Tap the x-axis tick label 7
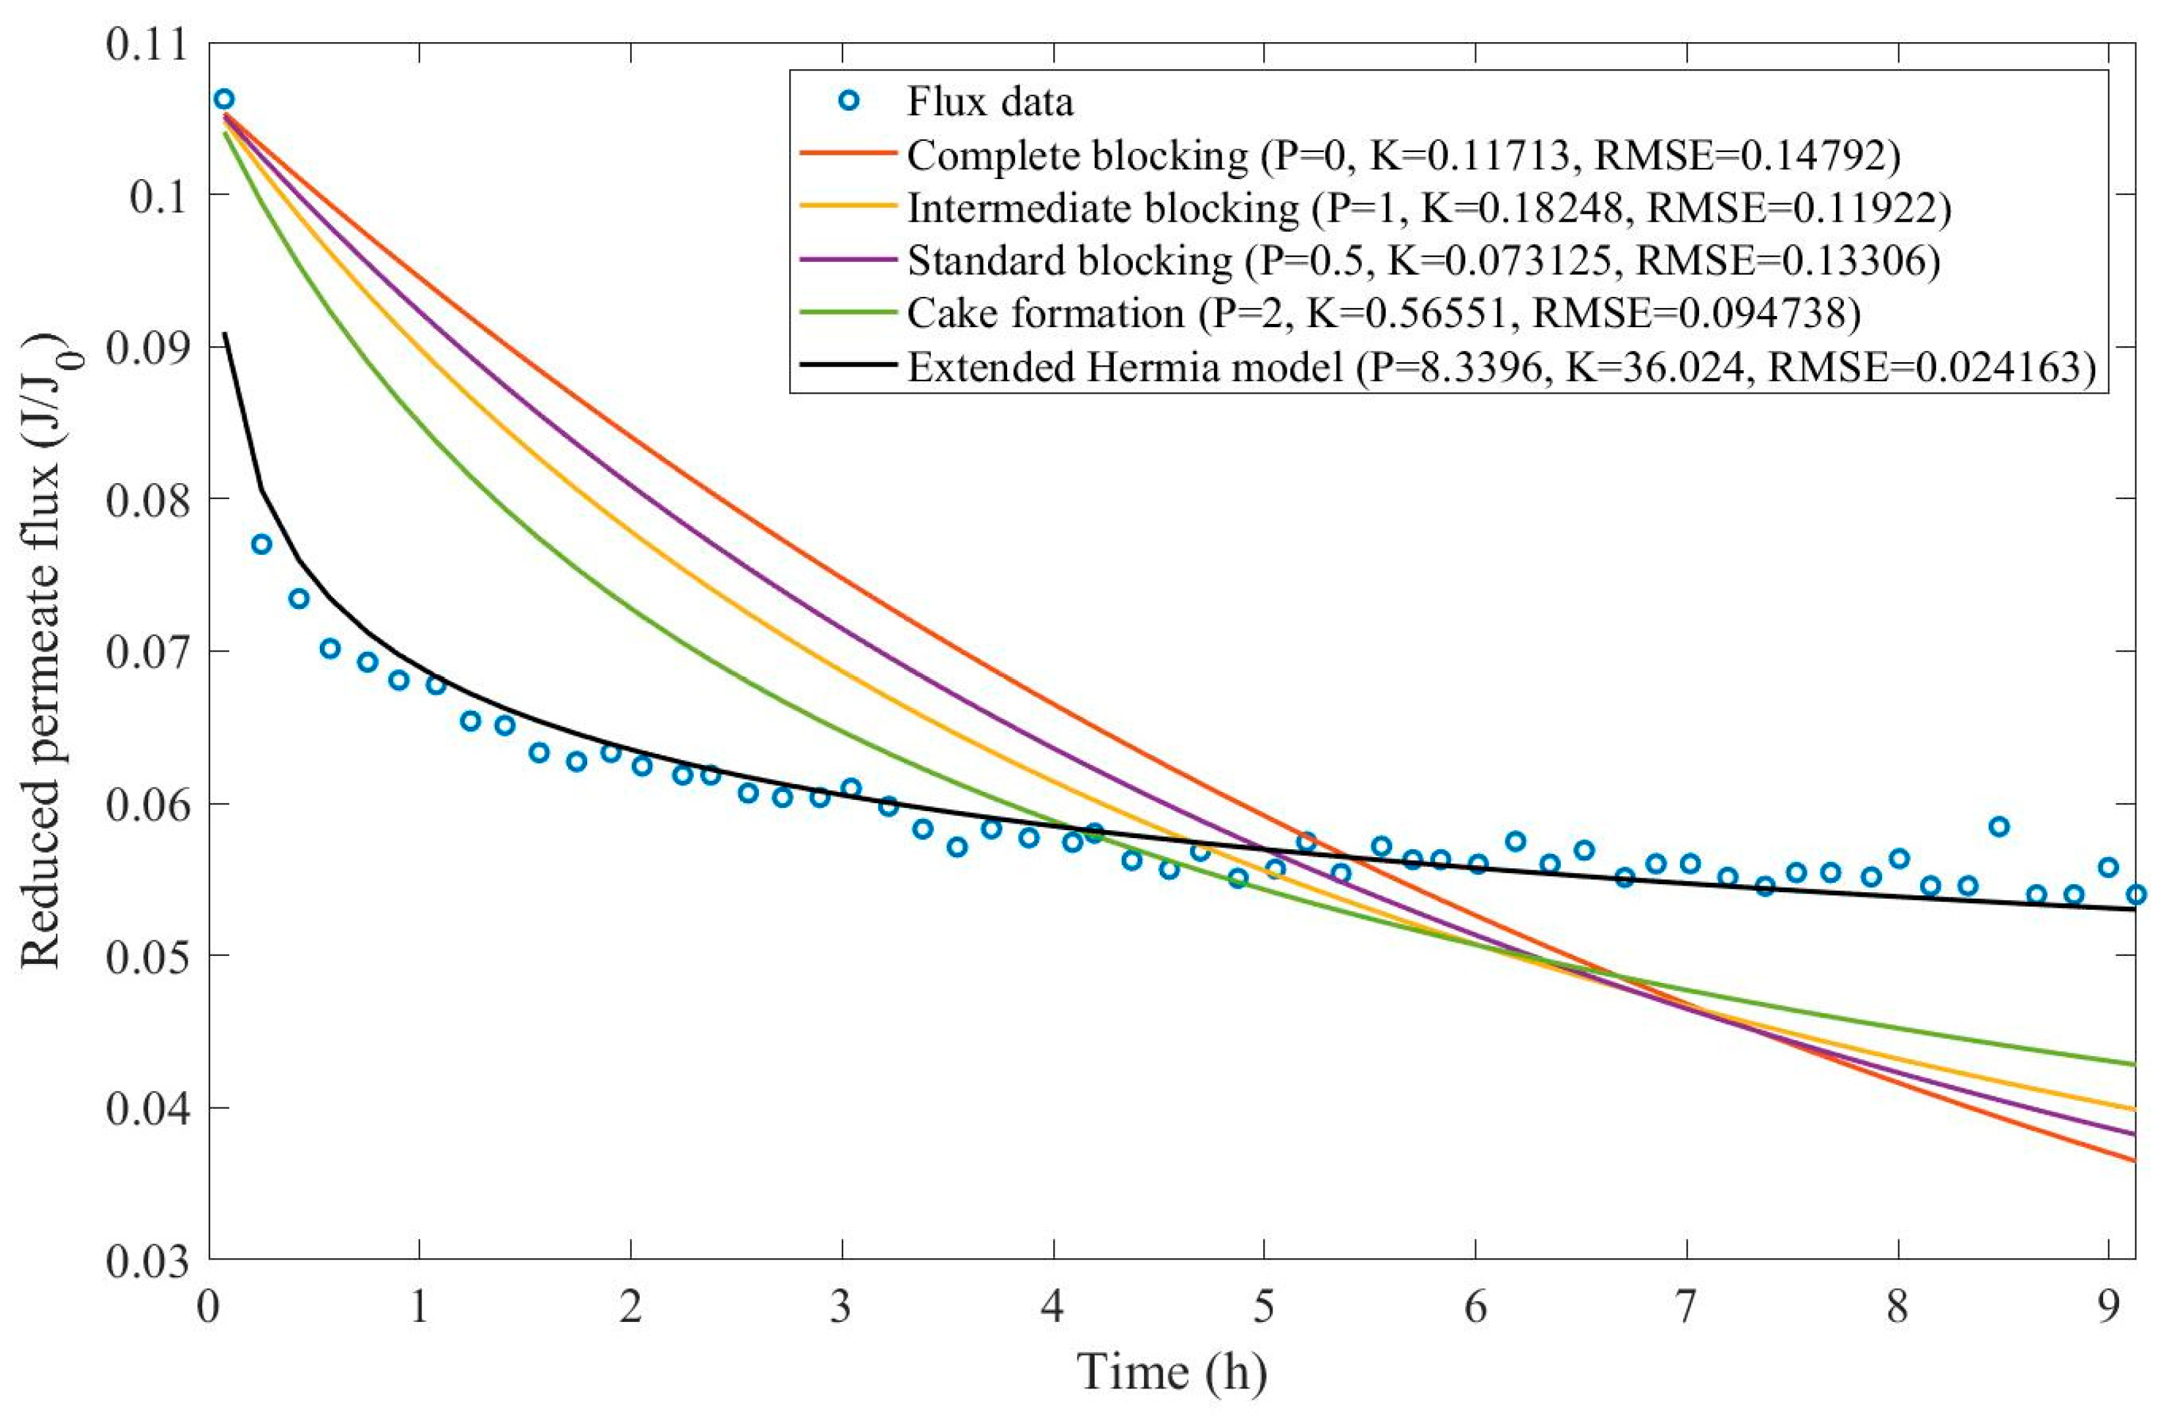click(x=1685, y=1307)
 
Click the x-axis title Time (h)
click(x=1172, y=1371)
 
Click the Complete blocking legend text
click(x=1076, y=156)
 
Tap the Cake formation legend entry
click(x=1045, y=313)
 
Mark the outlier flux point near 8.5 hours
click(x=1999, y=826)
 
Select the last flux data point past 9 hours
click(x=2136, y=894)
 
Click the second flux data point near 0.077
click(x=261, y=544)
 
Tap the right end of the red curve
click(x=2134, y=1160)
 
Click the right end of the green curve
click(x=2134, y=1065)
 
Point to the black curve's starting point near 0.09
click(x=225, y=334)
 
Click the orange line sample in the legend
click(x=848, y=208)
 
